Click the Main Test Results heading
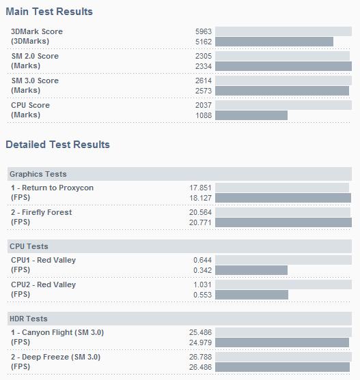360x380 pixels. pyautogui.click(x=49, y=12)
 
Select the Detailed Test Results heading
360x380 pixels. pyautogui.click(x=58, y=145)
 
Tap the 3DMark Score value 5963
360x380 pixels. pyautogui.click(x=204, y=31)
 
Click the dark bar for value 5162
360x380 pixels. pyautogui.click(x=274, y=42)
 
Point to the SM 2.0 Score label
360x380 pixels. pyautogui.click(x=35, y=56)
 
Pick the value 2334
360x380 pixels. pyautogui.click(x=204, y=66)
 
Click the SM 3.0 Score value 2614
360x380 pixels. pyautogui.click(x=204, y=81)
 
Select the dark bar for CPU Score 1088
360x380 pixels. pyautogui.click(x=251, y=115)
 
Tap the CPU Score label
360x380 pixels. pyautogui.click(x=30, y=105)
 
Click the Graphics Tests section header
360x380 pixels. pyautogui.click(x=38, y=174)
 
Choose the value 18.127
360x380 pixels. pyautogui.click(x=200, y=198)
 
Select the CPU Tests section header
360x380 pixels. pyautogui.click(x=29, y=246)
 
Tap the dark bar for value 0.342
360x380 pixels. pyautogui.click(x=251, y=270)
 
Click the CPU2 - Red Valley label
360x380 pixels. pyautogui.click(x=44, y=284)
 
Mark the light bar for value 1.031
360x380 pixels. pyautogui.click(x=283, y=284)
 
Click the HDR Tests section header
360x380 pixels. pyautogui.click(x=29, y=319)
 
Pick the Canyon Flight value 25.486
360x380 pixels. pyautogui.click(x=200, y=332)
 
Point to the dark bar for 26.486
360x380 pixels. pyautogui.click(x=282, y=367)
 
